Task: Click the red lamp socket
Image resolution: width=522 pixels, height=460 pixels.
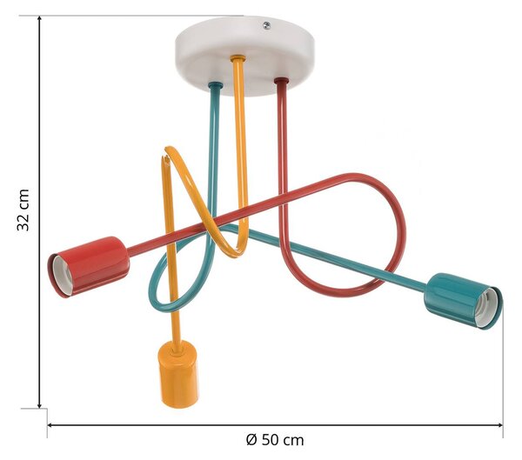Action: click(90, 267)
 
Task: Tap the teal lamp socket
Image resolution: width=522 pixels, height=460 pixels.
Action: click(463, 301)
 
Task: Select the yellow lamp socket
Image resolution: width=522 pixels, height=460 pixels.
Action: click(179, 374)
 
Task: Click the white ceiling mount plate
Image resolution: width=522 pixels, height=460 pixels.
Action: click(244, 55)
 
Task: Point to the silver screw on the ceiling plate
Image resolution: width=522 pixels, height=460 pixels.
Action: click(267, 25)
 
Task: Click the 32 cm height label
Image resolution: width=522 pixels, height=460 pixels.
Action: click(23, 210)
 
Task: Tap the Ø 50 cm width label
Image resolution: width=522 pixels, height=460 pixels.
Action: click(275, 440)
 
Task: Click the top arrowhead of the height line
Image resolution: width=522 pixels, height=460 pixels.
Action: click(40, 18)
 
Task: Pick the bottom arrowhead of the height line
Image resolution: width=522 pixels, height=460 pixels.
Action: click(40, 404)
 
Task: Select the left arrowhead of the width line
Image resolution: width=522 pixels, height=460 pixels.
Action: click(50, 424)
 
